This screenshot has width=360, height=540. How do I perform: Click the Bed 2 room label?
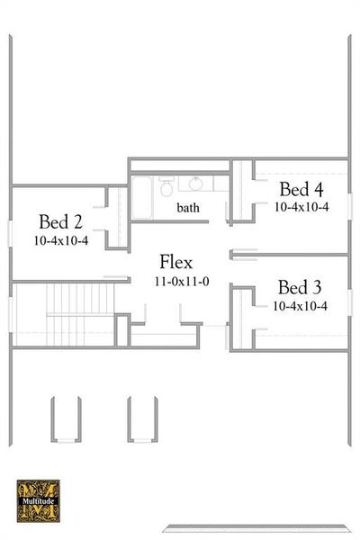point(60,222)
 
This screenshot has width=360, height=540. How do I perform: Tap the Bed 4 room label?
point(301,189)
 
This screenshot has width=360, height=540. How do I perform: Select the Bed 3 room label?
point(300,288)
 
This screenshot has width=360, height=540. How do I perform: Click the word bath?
point(188,208)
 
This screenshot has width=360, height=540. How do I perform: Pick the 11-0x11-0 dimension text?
point(181,282)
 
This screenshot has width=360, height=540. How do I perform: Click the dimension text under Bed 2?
point(60,241)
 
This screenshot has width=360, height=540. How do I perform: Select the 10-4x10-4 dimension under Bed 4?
point(301,206)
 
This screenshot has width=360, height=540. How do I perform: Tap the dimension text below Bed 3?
point(300,306)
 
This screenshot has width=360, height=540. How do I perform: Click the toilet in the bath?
point(166,187)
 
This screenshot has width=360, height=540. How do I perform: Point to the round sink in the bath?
point(195,184)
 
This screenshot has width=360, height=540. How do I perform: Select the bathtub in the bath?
point(141,196)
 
